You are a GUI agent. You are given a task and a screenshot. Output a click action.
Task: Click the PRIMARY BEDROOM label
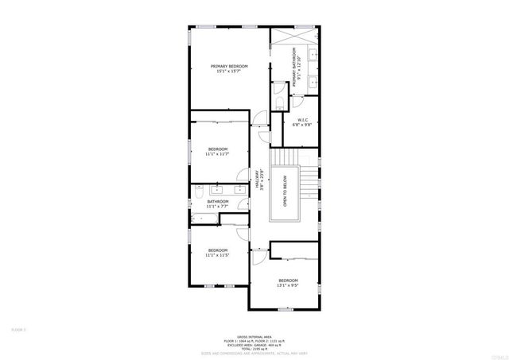pyautogui.click(x=229, y=68)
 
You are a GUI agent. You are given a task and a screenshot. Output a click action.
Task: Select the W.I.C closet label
pyautogui.click(x=303, y=122)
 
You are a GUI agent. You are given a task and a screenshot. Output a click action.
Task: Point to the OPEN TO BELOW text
pyautogui.click(x=284, y=192)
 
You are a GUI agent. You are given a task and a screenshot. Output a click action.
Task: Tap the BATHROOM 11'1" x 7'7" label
pyautogui.click(x=218, y=204)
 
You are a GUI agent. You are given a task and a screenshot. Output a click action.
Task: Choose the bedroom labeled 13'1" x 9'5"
pyautogui.click(x=288, y=283)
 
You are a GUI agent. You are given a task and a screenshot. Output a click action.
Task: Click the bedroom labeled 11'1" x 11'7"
pyautogui.click(x=218, y=151)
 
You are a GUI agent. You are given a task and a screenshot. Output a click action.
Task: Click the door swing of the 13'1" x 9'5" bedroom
pyautogui.click(x=258, y=257)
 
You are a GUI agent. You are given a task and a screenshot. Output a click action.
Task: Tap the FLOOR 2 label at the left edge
pyautogui.click(x=18, y=328)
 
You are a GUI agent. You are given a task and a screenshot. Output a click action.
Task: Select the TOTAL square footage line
pyautogui.click(x=254, y=349)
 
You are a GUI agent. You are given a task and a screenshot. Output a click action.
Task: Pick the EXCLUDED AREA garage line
pyautogui.click(x=254, y=345)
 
